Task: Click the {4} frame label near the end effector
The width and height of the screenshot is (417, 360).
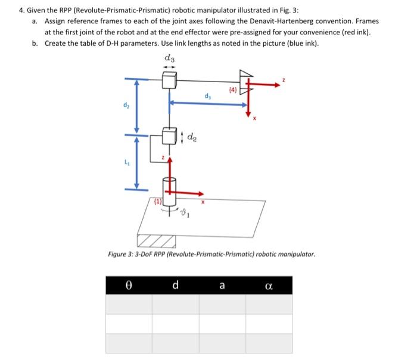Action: (233, 90)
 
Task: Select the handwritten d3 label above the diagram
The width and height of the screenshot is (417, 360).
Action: (169, 58)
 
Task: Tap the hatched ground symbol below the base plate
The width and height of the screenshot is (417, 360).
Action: (155, 240)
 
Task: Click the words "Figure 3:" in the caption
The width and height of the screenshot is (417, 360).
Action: (122, 255)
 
